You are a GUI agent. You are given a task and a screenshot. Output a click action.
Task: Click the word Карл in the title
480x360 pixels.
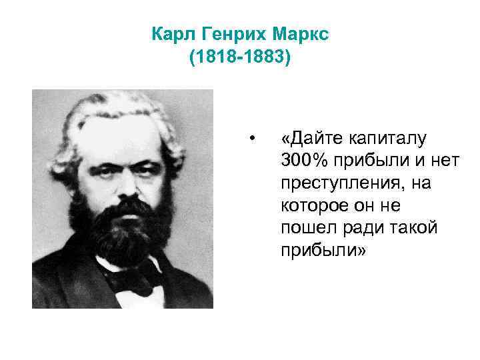pos(171,33)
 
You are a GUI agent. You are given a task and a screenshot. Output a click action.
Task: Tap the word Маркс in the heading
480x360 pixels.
pos(298,33)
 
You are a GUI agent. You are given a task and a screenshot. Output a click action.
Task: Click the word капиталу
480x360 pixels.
pos(388,139)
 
